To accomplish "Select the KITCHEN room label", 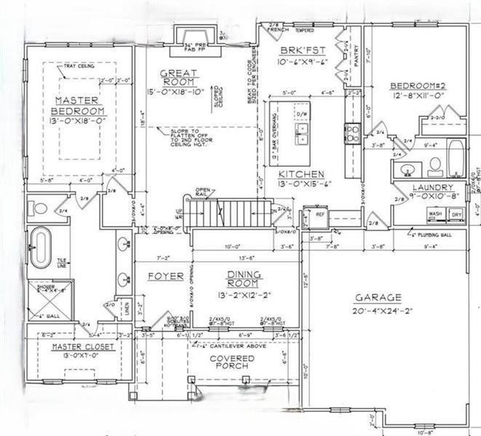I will (x=301, y=175).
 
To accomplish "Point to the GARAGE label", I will (x=378, y=297).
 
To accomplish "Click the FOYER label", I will (x=166, y=277).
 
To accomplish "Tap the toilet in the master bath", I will (x=40, y=208).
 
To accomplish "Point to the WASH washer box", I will (x=436, y=215).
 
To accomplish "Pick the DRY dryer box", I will (x=457, y=215).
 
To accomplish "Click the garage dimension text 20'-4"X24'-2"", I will (x=378, y=310).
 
